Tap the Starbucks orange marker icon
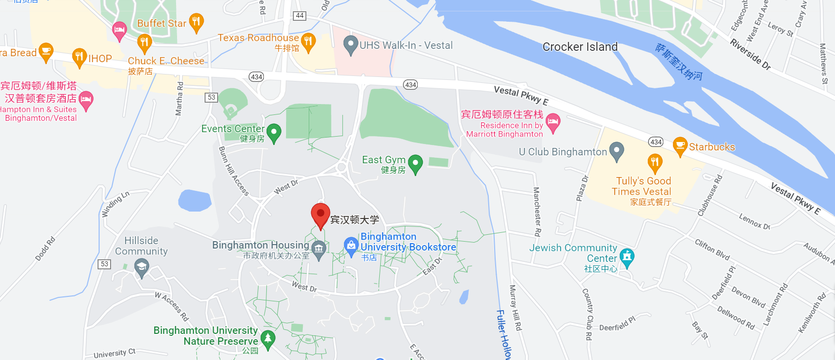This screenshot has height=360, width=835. pos(680,146)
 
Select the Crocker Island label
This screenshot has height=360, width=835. pos(580,47)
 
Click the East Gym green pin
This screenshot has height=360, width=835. pos(415,164)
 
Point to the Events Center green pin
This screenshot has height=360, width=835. pos(274,132)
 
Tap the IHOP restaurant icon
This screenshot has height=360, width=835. pos(79,57)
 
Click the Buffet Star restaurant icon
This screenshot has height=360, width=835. pos(196,22)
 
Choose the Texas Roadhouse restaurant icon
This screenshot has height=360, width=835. pos(308,41)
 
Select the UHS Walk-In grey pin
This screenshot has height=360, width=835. pos(350,45)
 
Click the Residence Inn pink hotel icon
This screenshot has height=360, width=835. pos(553,122)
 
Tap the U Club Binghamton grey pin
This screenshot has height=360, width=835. pos(617,151)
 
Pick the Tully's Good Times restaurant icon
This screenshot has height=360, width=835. pos(654,163)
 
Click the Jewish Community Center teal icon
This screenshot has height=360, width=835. pos(627,257)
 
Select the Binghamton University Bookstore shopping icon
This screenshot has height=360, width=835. pos(351,246)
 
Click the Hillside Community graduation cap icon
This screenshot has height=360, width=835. pos(142,268)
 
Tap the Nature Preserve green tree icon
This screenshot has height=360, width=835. pos(268,339)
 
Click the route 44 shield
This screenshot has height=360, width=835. pos(299,16)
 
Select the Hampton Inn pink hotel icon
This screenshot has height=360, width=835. pos(86,100)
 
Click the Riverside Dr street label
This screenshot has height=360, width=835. pos(750,54)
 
